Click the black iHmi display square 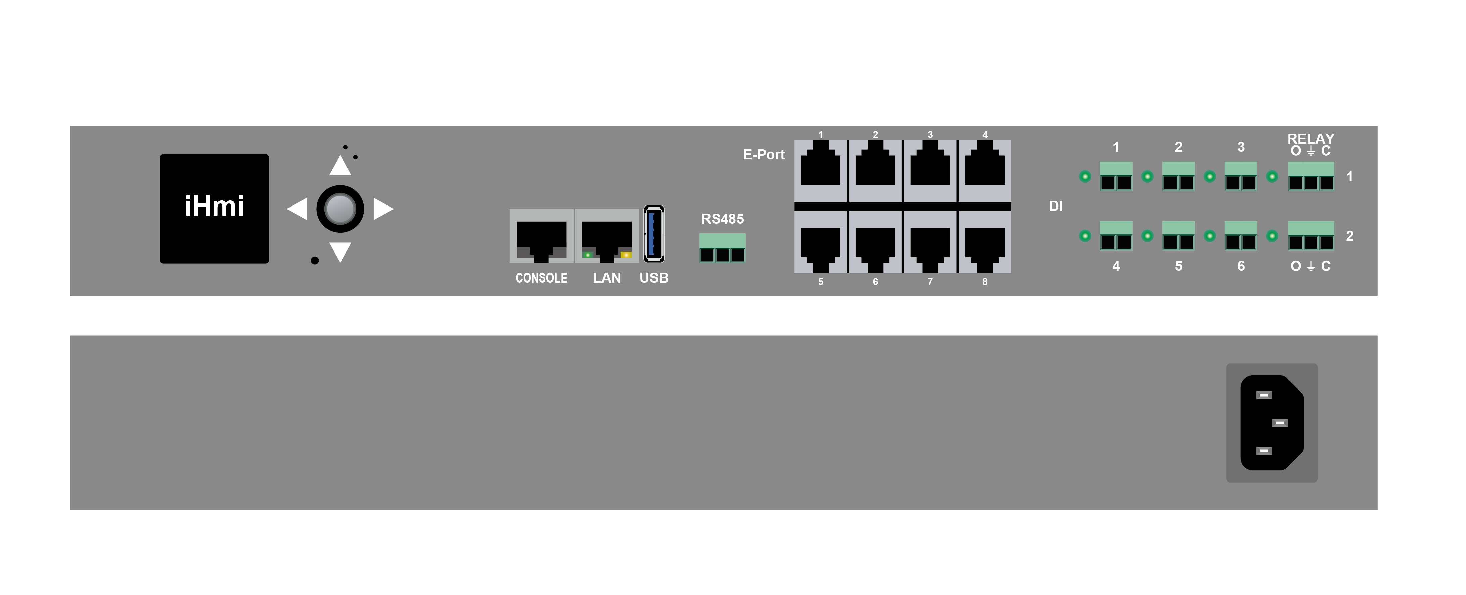click(x=214, y=209)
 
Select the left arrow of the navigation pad click(x=297, y=209)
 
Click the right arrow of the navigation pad click(x=383, y=209)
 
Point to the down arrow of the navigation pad click(x=340, y=251)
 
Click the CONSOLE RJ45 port click(x=541, y=236)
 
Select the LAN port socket click(x=607, y=236)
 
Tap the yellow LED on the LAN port click(x=626, y=255)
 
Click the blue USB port click(x=654, y=233)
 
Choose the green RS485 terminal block click(x=722, y=248)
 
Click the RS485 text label click(x=722, y=219)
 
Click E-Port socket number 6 click(x=875, y=242)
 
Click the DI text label click(x=1056, y=206)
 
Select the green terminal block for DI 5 click(x=1178, y=235)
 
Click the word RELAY click(x=1311, y=138)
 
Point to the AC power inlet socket click(x=1272, y=422)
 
